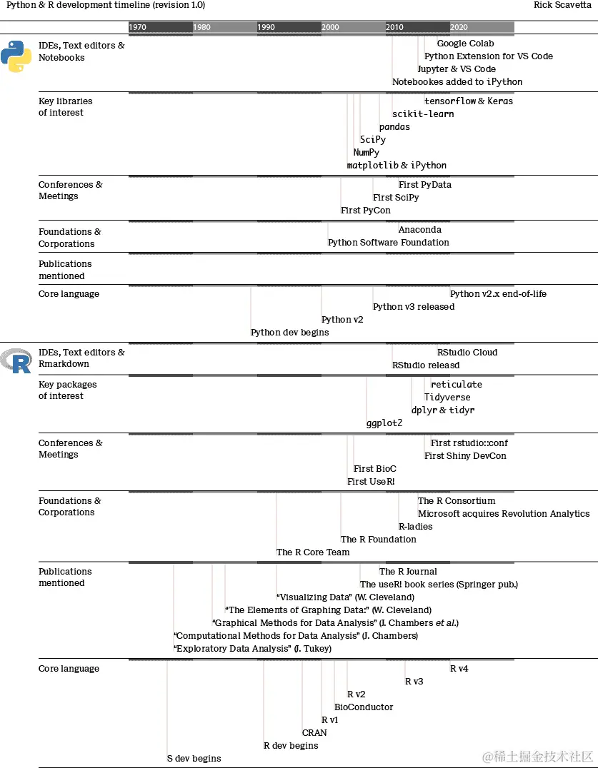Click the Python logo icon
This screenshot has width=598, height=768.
click(x=16, y=56)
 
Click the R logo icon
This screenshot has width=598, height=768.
click(x=16, y=361)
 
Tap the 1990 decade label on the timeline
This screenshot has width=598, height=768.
click(x=266, y=27)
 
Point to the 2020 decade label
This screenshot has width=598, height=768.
click(x=459, y=27)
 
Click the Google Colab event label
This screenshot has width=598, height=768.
click(x=465, y=44)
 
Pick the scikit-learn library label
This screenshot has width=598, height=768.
click(x=423, y=114)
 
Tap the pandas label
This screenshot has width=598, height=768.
click(x=394, y=127)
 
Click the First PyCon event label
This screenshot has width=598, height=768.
click(x=366, y=211)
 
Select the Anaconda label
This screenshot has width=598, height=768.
click(x=420, y=230)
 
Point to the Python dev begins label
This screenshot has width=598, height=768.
click(x=290, y=333)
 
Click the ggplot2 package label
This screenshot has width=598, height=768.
click(x=384, y=423)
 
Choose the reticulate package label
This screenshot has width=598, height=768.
click(x=457, y=385)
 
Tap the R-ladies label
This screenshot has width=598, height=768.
click(x=415, y=527)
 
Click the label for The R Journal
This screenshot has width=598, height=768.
click(x=408, y=572)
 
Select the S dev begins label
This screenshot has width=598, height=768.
click(x=194, y=759)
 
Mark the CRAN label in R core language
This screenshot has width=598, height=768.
click(x=314, y=733)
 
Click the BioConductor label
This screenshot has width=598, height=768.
click(x=364, y=707)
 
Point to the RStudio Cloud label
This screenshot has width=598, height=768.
click(x=467, y=353)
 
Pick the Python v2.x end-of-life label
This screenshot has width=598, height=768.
click(x=498, y=294)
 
